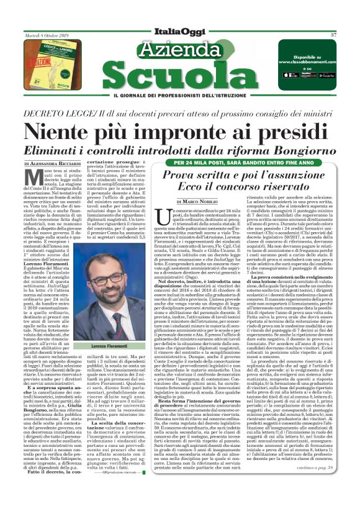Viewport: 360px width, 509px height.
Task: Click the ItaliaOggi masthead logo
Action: (180, 34)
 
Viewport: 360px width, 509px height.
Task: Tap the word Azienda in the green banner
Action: (180, 49)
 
